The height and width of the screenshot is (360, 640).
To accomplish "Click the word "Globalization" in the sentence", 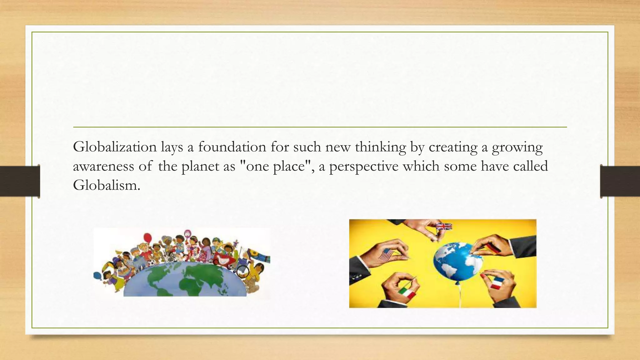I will click(115, 147).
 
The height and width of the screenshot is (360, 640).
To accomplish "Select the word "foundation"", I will click(232, 147).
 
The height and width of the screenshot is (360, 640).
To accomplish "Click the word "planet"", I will click(200, 166).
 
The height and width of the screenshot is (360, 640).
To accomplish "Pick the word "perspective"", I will click(364, 166).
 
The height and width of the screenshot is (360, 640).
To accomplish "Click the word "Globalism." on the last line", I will click(107, 185).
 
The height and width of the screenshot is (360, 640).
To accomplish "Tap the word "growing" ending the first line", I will click(517, 147).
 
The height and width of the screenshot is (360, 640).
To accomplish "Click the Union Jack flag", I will click(444, 227).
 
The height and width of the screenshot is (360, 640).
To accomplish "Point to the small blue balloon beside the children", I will click(97, 276).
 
